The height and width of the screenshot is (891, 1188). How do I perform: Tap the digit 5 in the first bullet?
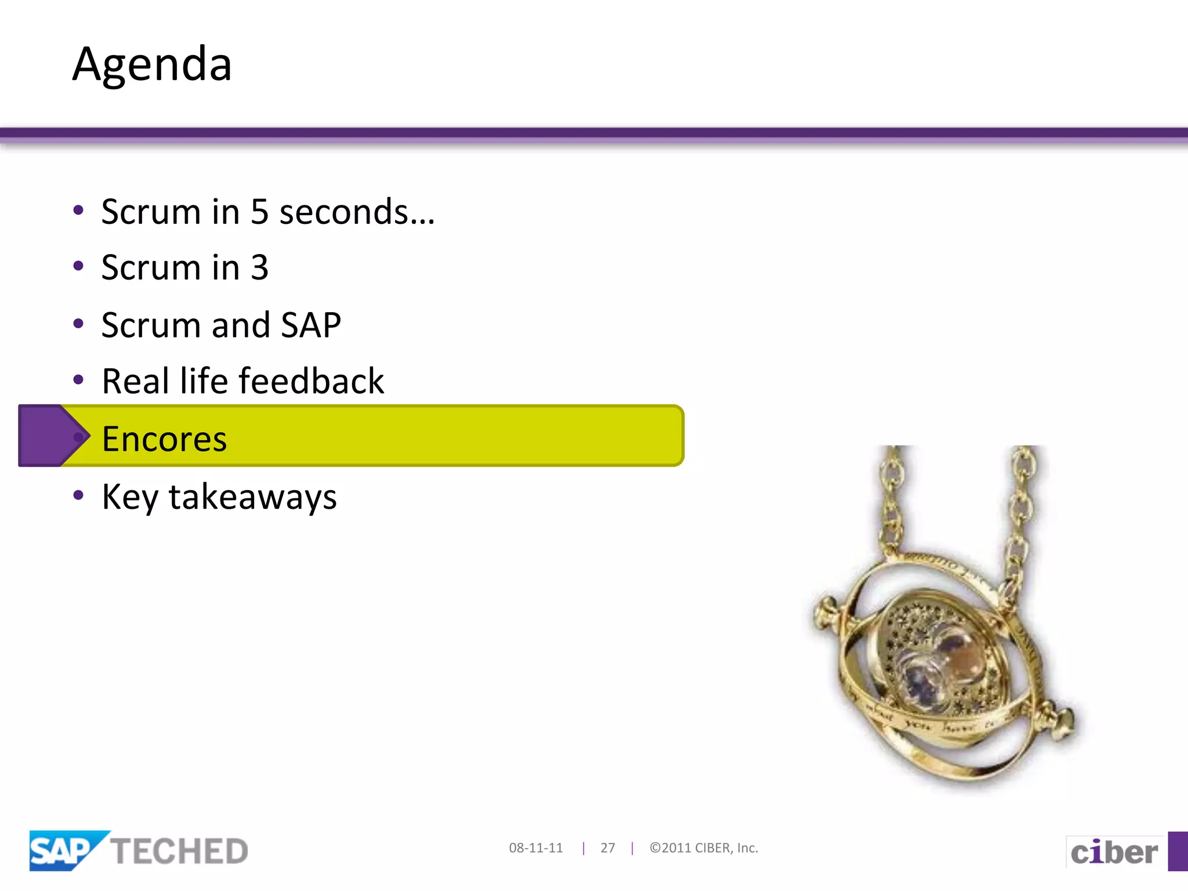point(259,212)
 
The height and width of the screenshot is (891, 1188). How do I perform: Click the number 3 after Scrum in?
point(259,268)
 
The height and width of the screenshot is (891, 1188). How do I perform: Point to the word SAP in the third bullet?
point(311,325)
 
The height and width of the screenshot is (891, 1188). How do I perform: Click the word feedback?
point(312,381)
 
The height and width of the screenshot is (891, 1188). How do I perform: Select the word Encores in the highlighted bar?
point(164,439)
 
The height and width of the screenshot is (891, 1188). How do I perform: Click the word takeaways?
point(252,497)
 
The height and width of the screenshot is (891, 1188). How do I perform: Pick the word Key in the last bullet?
point(129,497)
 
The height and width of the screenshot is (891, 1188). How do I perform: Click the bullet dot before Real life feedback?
point(78,381)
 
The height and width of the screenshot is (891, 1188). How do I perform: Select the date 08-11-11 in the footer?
point(535,848)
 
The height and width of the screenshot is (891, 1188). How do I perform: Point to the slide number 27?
point(607,848)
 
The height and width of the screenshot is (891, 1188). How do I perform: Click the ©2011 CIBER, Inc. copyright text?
point(704,848)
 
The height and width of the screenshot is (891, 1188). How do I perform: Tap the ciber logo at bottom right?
point(1114,852)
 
